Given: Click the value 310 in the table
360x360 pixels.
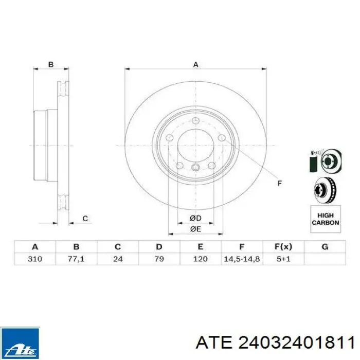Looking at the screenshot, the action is click(x=35, y=259).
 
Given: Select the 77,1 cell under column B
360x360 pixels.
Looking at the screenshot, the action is click(x=76, y=259).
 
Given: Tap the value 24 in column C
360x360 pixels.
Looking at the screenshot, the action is click(x=118, y=259).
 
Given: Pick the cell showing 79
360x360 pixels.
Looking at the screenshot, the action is click(x=159, y=259).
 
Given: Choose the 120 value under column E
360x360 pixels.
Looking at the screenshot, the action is click(x=201, y=259).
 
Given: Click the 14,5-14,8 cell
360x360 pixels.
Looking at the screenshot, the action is click(x=242, y=259).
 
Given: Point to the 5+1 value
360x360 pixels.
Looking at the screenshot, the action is click(x=283, y=259).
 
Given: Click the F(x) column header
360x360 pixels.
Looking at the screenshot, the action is click(x=283, y=247).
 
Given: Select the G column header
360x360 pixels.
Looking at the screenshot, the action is click(x=325, y=247).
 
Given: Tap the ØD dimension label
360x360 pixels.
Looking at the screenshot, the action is click(x=195, y=218).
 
